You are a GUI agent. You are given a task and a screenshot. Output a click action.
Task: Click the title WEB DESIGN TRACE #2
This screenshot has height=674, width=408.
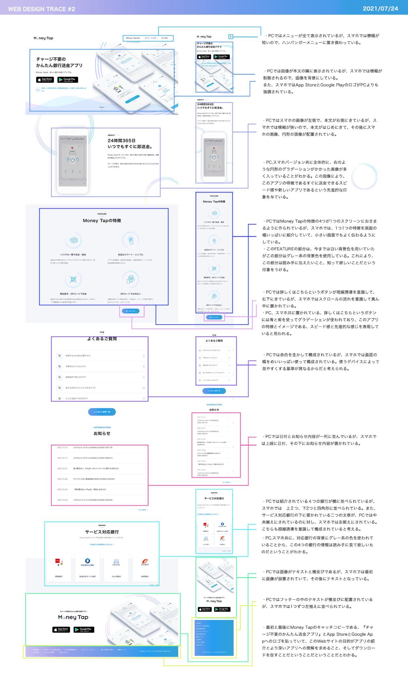(41, 9)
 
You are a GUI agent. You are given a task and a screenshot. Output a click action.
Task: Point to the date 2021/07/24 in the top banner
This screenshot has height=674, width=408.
(380, 9)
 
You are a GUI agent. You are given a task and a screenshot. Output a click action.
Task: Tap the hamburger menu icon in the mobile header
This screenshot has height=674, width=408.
(231, 37)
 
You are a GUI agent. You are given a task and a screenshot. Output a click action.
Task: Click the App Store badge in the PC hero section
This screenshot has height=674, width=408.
(45, 80)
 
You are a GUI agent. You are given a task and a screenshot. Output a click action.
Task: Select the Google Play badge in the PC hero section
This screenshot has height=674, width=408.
(68, 80)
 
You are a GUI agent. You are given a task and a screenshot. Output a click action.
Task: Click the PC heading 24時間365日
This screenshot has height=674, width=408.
(121, 141)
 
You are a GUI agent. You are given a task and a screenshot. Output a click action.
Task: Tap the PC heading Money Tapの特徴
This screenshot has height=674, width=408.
(102, 221)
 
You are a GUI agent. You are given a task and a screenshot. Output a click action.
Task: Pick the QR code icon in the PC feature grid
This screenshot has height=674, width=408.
(73, 279)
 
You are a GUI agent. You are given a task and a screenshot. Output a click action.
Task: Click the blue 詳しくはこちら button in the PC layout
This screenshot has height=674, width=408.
(131, 311)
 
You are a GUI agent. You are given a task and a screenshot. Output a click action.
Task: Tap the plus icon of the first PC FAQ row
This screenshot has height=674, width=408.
(144, 356)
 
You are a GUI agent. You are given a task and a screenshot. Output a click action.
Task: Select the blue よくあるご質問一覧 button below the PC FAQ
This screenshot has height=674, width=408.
(102, 412)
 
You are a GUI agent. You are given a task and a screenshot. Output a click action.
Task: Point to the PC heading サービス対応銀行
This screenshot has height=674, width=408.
(102, 532)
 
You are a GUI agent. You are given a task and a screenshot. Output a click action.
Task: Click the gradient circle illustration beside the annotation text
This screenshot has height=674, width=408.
(364, 176)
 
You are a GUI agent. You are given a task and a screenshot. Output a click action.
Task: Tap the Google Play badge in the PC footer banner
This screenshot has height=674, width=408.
(84, 629)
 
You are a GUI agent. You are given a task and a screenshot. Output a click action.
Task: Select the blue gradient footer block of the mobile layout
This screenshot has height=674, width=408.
(214, 638)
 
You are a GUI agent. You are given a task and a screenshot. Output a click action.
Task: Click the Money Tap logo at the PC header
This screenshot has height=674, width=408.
(43, 38)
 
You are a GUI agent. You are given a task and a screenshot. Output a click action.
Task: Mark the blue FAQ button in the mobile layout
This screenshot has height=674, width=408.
(214, 391)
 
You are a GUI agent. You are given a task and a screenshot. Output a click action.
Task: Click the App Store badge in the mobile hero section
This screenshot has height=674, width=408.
(204, 57)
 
